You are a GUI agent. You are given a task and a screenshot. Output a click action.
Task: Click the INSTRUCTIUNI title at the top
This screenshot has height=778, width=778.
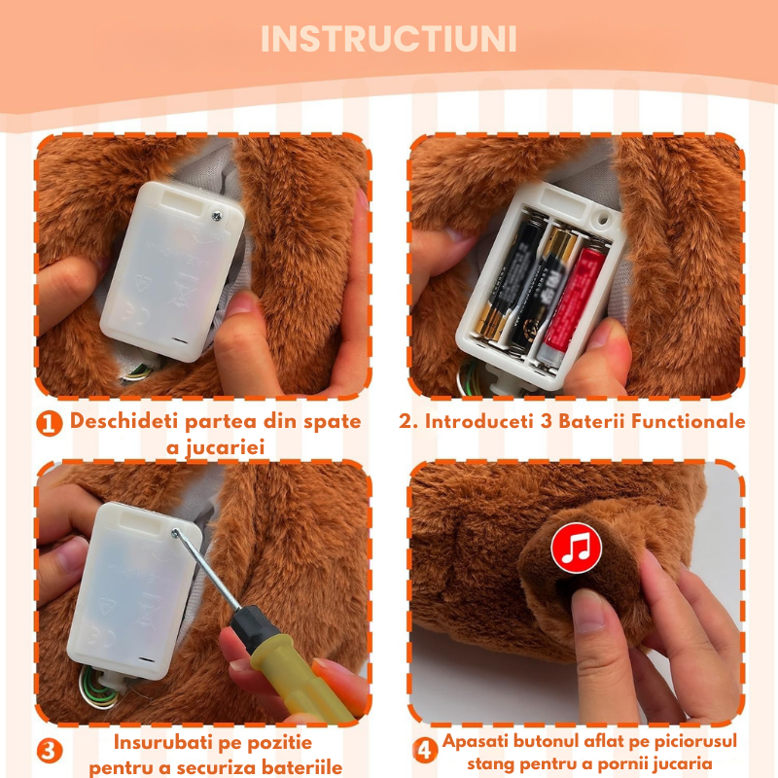pos(389,40)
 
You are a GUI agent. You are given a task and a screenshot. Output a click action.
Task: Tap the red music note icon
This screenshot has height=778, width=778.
pos(576,548)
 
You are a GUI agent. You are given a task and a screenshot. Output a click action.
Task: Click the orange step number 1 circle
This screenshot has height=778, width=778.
pos(50,423)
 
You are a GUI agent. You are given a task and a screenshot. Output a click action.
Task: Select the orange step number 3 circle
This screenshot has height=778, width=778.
pos(50,751)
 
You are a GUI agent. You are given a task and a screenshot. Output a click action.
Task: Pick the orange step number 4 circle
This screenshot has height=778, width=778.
pos(424,751)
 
